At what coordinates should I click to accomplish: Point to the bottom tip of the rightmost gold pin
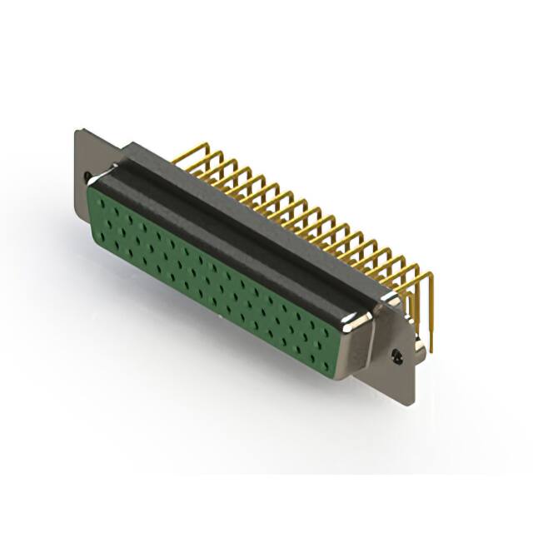click(x=431, y=350)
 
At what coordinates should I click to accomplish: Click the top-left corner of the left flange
click(x=77, y=131)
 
